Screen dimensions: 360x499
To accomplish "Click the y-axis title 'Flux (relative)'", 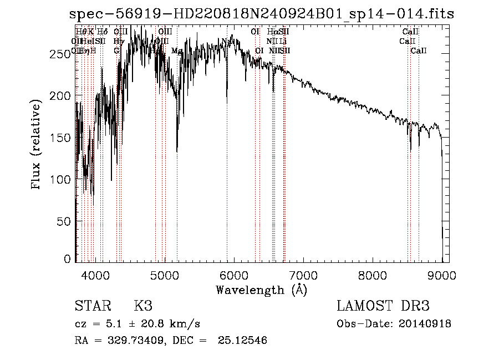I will click(x=37, y=145).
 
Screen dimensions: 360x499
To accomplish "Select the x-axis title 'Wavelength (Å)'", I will click(x=261, y=290).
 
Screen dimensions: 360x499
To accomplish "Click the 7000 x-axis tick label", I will click(x=303, y=275).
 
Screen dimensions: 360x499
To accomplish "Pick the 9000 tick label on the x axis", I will click(x=441, y=275).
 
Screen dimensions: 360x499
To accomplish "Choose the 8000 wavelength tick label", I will click(x=372, y=275).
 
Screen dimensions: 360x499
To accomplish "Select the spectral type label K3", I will click(x=142, y=306).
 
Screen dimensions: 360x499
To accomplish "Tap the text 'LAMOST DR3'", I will click(x=383, y=306).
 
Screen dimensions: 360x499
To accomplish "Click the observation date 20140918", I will click(x=425, y=324).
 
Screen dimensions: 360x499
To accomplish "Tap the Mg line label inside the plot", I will click(x=177, y=51).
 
